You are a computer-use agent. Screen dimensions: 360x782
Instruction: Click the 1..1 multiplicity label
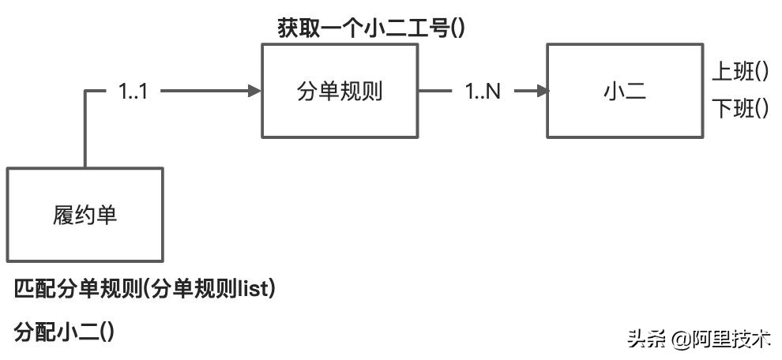pyautogui.click(x=133, y=92)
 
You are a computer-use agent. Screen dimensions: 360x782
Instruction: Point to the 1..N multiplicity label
pyautogui.click(x=483, y=92)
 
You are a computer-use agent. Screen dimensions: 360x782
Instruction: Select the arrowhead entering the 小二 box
pyautogui.click(x=542, y=92)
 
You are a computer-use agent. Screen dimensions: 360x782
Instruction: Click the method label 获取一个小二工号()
pyautogui.click(x=370, y=29)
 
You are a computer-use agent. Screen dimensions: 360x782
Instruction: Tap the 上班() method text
pyautogui.click(x=740, y=73)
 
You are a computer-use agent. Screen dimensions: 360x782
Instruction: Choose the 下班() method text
pyautogui.click(x=740, y=109)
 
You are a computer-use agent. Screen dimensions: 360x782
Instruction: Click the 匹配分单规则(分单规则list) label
pyautogui.click(x=145, y=290)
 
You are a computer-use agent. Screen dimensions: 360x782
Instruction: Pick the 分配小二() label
pyautogui.click(x=65, y=332)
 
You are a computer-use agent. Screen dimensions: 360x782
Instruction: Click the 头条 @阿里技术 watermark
pyautogui.click(x=698, y=339)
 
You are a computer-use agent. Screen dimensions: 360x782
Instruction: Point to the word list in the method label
pyautogui.click(x=254, y=290)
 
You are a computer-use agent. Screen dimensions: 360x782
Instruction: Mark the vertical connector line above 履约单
pyautogui.click(x=85, y=130)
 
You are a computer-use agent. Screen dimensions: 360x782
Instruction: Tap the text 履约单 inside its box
pyautogui.click(x=85, y=215)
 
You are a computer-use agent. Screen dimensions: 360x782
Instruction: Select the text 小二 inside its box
pyautogui.click(x=624, y=91)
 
